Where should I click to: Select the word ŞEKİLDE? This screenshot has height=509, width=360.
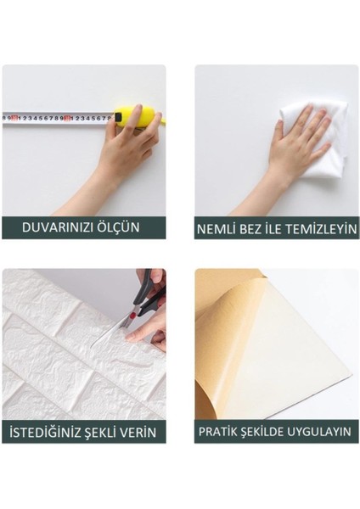coord(267,432)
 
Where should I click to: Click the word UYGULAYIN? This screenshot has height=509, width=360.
coord(320,432)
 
